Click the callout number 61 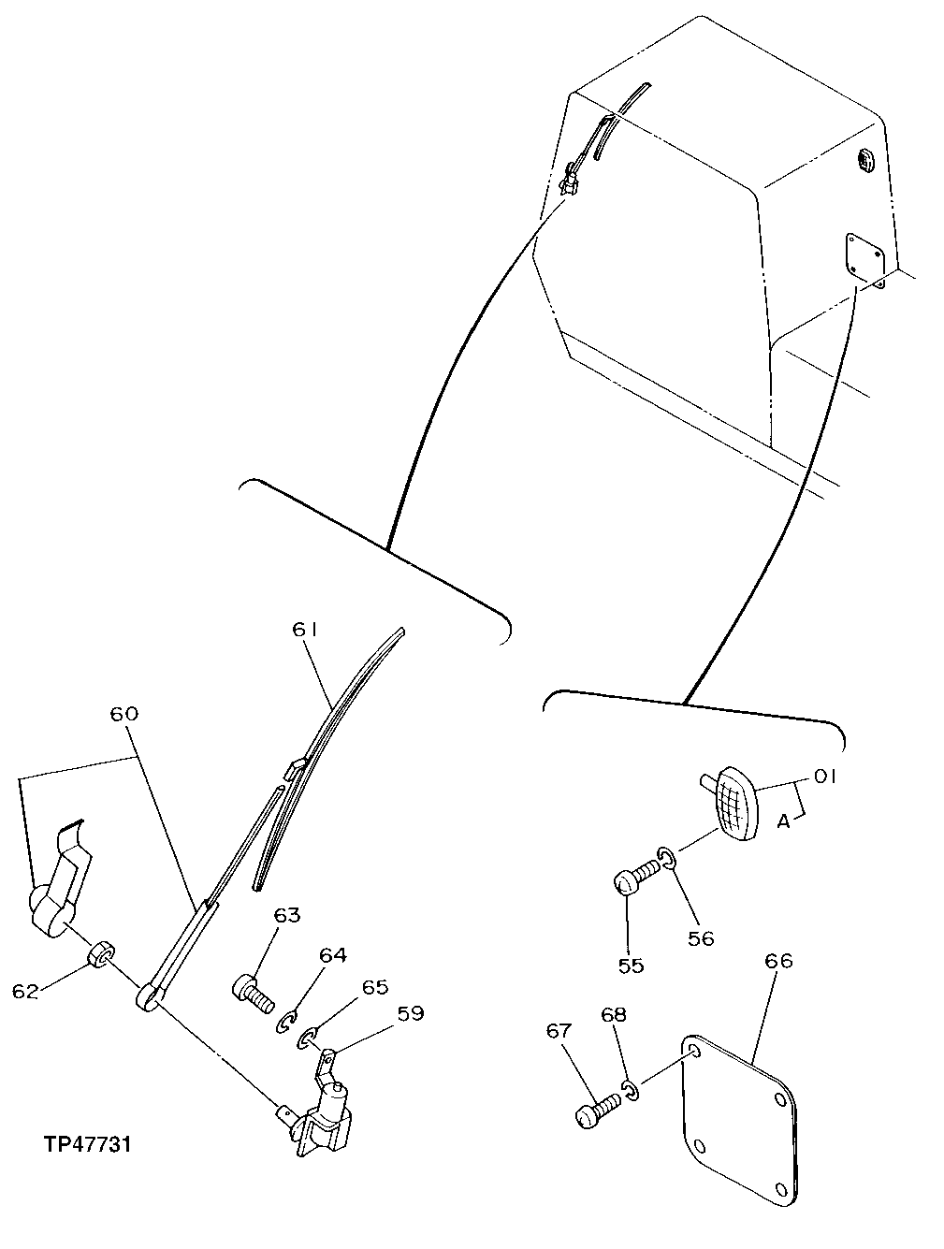(306, 631)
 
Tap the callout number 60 (123, 715)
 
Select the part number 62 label (25, 991)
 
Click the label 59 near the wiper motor (410, 1012)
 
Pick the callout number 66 (778, 961)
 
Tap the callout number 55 (632, 965)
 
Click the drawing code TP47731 (86, 1144)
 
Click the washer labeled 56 (666, 854)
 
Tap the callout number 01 (824, 777)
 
